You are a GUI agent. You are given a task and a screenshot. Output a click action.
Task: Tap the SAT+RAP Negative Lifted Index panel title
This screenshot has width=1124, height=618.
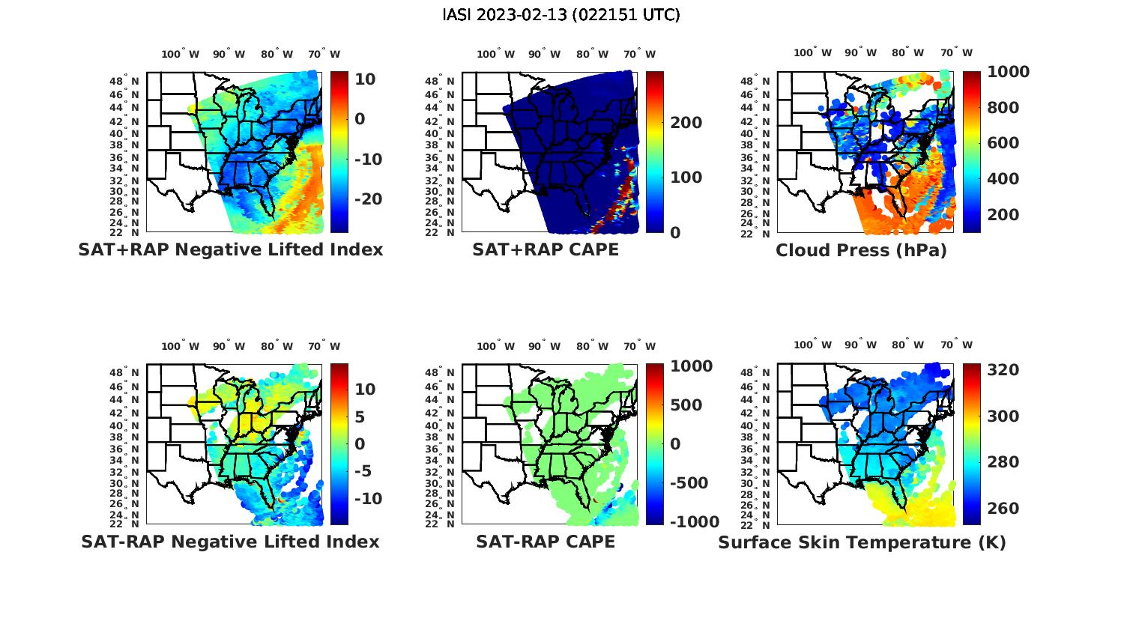tap(230, 249)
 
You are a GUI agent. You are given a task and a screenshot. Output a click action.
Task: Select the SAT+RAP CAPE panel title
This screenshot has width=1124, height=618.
tap(546, 249)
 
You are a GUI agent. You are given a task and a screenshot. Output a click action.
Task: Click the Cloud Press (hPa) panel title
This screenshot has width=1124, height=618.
tap(861, 250)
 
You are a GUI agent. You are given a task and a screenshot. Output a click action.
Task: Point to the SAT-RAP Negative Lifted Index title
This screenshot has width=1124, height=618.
tap(230, 542)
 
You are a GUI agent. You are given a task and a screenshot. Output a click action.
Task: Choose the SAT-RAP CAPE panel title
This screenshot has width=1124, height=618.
tap(546, 542)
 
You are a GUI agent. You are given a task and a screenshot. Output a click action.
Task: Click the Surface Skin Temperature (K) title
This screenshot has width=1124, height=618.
tap(862, 542)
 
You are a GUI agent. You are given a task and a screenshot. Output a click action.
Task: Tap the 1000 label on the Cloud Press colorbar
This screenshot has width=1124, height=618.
tap(1008, 72)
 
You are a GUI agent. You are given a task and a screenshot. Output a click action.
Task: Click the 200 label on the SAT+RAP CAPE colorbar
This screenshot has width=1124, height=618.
tap(686, 123)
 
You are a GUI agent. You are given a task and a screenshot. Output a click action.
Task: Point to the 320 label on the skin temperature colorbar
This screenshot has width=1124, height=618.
tap(1003, 370)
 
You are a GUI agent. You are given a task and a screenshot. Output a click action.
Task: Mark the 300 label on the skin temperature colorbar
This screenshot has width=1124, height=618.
tap(1003, 416)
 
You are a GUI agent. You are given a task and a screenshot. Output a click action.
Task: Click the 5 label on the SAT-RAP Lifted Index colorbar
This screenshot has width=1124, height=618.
tap(360, 416)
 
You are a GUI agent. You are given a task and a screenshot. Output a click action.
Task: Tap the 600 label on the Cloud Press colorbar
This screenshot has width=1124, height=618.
tap(1003, 143)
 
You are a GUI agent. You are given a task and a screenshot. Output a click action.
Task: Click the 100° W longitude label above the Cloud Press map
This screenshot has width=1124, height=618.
tap(812, 53)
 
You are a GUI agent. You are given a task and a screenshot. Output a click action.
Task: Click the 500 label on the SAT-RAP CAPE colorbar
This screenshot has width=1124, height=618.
tap(686, 405)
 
